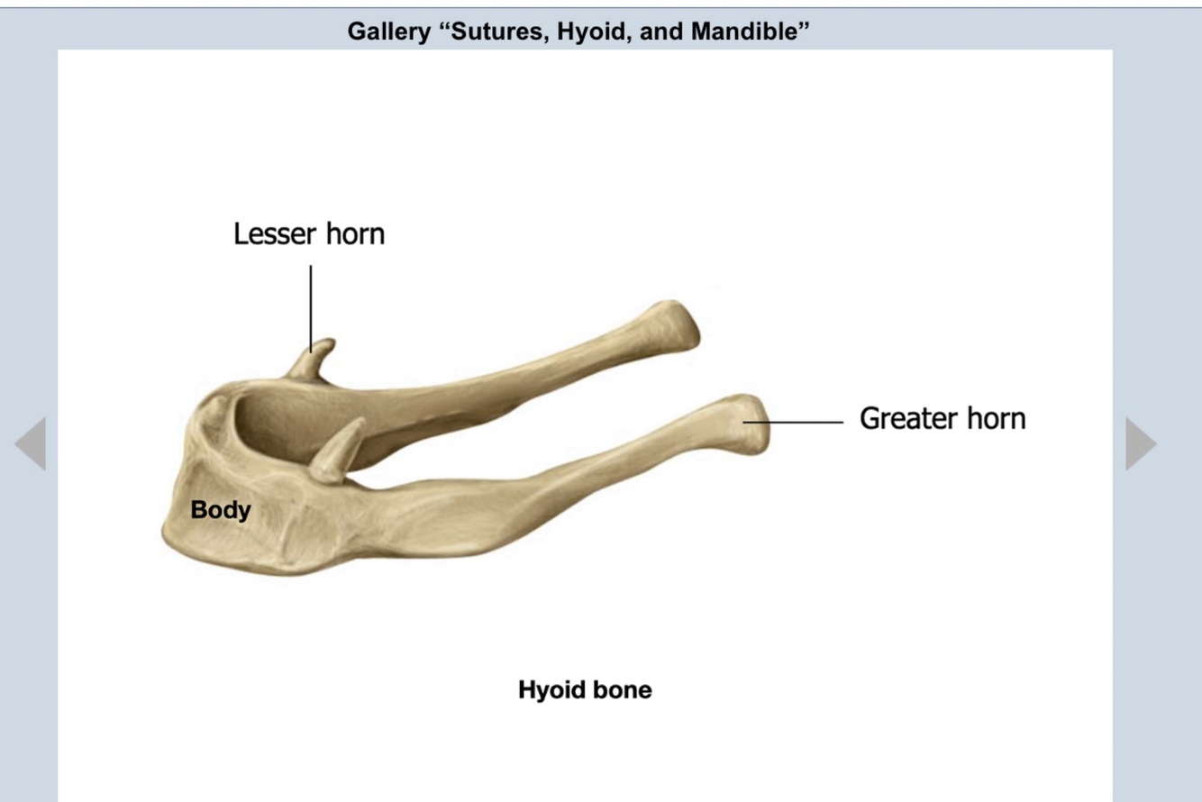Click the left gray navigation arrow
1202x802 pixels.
[32, 443]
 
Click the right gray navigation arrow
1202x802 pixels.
[1140, 443]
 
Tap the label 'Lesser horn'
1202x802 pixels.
[308, 234]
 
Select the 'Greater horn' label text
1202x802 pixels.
[942, 419]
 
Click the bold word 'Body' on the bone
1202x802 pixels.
[221, 510]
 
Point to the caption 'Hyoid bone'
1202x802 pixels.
[585, 690]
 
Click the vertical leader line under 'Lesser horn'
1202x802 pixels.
[311, 306]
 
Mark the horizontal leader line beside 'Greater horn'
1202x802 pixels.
[793, 421]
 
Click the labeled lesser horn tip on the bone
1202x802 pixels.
[320, 347]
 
